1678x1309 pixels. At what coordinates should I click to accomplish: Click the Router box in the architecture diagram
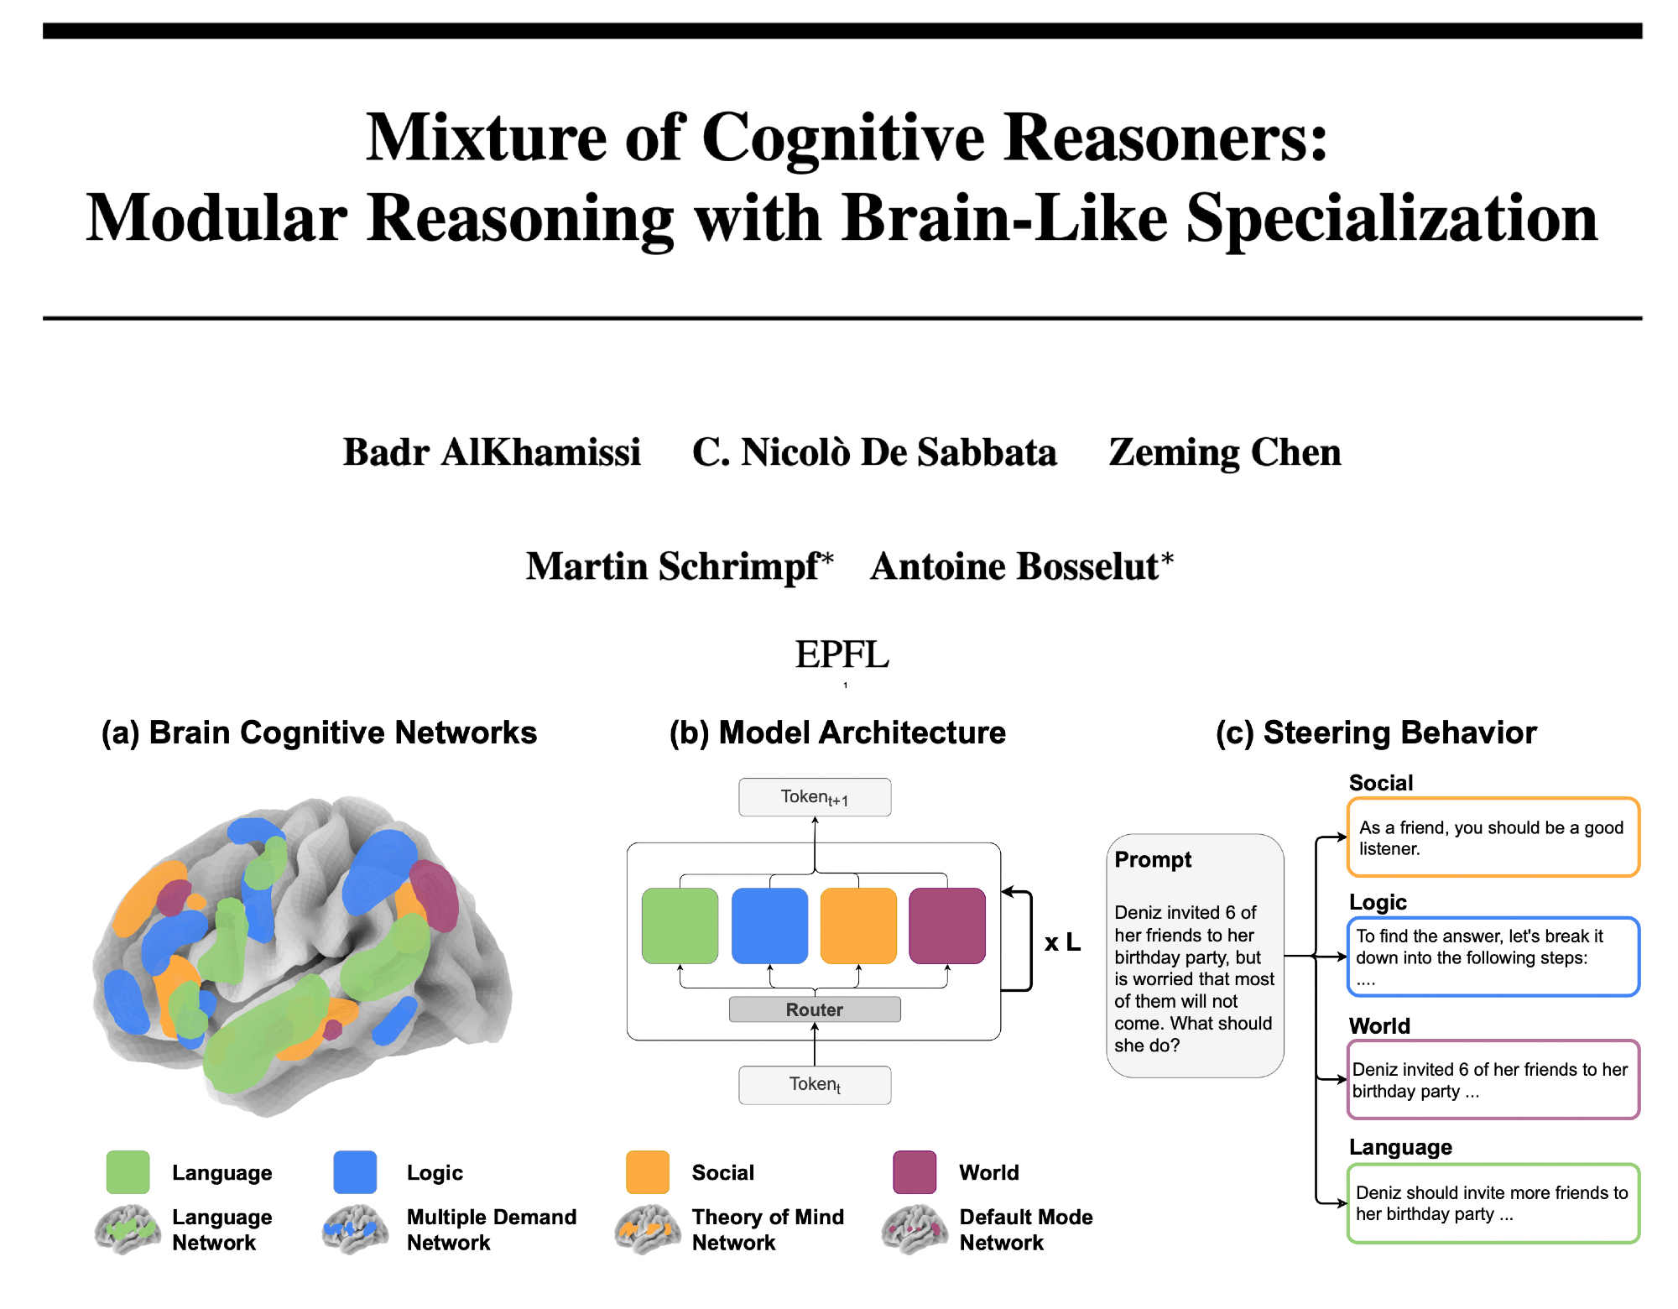click(x=815, y=1009)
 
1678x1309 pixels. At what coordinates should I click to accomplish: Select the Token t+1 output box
click(x=815, y=797)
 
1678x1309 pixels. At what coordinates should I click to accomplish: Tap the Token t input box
click(x=815, y=1084)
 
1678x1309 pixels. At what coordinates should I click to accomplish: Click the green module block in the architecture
click(x=680, y=926)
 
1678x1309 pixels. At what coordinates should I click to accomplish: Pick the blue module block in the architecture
click(x=769, y=926)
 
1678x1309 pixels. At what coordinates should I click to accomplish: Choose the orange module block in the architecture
click(x=858, y=926)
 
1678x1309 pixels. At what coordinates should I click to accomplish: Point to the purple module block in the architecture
click(x=947, y=926)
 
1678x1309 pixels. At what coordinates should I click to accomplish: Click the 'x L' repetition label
click(x=1062, y=942)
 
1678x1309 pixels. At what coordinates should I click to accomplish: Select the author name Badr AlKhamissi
click(x=492, y=452)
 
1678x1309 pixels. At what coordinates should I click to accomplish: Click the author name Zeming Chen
click(x=1225, y=452)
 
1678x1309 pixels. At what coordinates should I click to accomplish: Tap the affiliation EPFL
click(x=842, y=654)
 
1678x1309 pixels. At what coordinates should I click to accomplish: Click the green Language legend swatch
click(x=128, y=1172)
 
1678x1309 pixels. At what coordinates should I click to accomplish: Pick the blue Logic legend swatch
click(x=355, y=1172)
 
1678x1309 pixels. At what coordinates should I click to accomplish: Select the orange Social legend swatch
click(x=648, y=1172)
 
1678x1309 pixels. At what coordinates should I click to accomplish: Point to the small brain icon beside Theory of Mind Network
click(x=648, y=1229)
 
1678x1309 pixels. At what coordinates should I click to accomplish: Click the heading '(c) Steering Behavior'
click(x=1376, y=733)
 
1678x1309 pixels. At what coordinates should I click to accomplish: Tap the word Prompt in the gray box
click(x=1153, y=860)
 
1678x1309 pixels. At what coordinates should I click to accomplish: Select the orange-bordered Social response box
click(x=1493, y=837)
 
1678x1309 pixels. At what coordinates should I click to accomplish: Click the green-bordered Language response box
click(x=1493, y=1203)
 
